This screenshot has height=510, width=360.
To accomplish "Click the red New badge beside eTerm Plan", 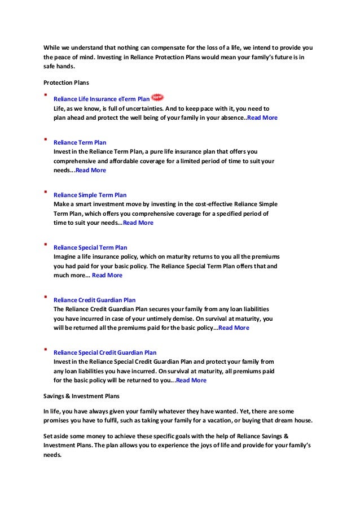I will click(x=158, y=98).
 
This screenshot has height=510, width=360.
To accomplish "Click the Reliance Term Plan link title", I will click(x=80, y=142).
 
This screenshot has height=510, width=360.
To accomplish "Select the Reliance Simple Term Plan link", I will click(x=90, y=195).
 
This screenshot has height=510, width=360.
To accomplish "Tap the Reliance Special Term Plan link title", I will click(x=90, y=247).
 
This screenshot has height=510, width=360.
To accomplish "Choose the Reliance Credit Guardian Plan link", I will click(x=94, y=300).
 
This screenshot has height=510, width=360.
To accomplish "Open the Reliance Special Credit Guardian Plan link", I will click(x=105, y=352).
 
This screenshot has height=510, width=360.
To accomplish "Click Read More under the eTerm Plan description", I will click(x=262, y=117).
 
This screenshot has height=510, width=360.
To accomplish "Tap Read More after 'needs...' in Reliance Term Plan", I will click(x=90, y=170).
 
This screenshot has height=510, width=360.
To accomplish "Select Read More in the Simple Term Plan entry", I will click(x=138, y=223).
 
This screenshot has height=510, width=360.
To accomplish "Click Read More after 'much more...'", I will click(x=107, y=275).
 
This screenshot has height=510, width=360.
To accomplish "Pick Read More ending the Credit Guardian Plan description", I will click(x=234, y=328).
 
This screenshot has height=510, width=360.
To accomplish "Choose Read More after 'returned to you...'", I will click(x=191, y=380).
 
